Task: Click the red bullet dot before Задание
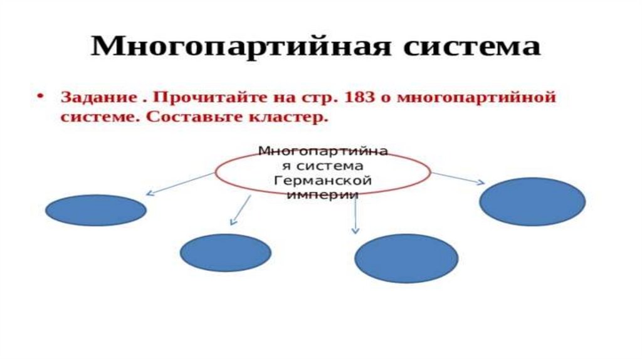(40, 98)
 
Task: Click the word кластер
(290, 118)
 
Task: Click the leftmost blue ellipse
(96, 211)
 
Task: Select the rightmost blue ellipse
(532, 201)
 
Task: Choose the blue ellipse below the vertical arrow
(406, 258)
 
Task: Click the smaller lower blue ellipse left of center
(225, 253)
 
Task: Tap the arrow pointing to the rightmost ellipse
(458, 178)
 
